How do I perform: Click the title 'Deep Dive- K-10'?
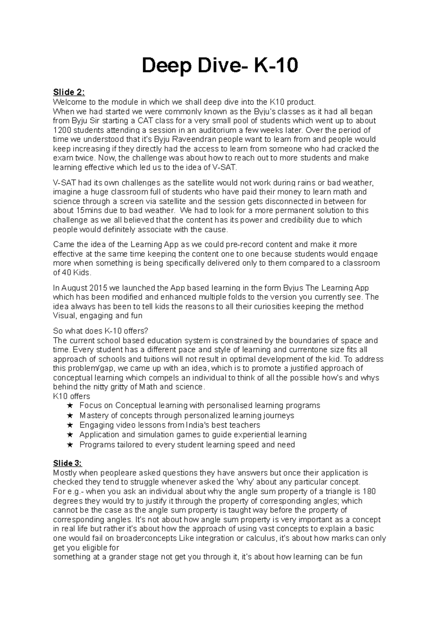[219, 66]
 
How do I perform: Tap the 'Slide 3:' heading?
[68, 463]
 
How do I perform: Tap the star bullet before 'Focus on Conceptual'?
[70, 406]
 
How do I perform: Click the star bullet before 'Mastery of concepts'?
[70, 415]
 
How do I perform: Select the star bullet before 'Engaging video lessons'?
[70, 425]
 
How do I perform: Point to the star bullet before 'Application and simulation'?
[70, 435]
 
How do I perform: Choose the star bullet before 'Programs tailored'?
[70, 445]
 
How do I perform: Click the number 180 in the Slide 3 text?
[370, 492]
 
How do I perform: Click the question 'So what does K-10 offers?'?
[101, 331]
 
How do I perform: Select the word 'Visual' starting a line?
[64, 316]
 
